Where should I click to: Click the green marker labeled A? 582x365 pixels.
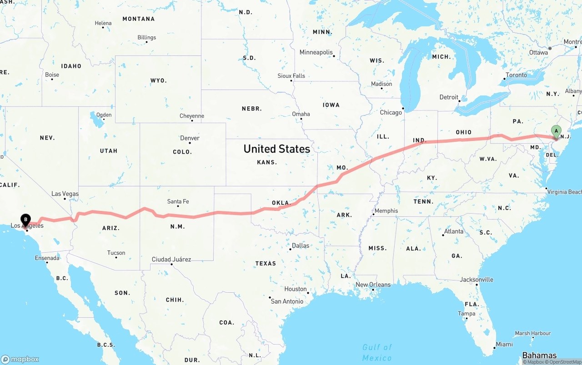click(x=556, y=131)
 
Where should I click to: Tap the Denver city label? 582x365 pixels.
click(x=190, y=138)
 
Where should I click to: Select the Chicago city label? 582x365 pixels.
click(x=391, y=112)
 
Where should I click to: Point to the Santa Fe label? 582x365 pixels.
click(x=178, y=201)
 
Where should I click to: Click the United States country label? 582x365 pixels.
click(x=276, y=149)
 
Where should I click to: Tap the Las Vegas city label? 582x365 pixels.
click(x=65, y=194)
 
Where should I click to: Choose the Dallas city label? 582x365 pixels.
click(x=301, y=245)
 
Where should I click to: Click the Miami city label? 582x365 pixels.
click(x=504, y=344)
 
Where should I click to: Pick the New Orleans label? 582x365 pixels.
click(x=373, y=285)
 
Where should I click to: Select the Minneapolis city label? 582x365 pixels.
click(x=316, y=52)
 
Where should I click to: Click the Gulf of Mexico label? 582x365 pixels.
click(x=377, y=352)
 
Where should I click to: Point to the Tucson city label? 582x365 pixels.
click(x=116, y=253)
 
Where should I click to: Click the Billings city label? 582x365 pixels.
click(x=146, y=37)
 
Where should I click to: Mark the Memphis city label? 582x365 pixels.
click(x=386, y=210)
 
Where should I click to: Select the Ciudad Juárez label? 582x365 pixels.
click(x=171, y=259)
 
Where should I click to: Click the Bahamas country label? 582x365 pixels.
click(x=539, y=355)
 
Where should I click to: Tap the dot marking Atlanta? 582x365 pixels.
click(x=443, y=235)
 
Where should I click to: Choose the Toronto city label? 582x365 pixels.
click(x=516, y=75)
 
